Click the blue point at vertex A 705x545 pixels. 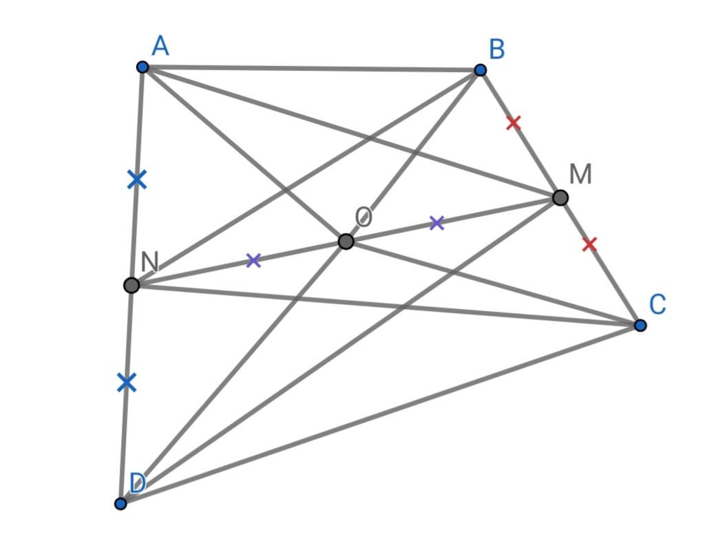(143, 67)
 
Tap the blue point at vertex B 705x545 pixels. (480, 70)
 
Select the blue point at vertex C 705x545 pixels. (640, 325)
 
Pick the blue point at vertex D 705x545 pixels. (120, 504)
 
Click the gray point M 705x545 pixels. (560, 197)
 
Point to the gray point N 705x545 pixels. (131, 285)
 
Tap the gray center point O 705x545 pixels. (346, 242)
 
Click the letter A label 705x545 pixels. (160, 46)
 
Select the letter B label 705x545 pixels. (497, 49)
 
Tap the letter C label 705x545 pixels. (657, 304)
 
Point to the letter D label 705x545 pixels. (138, 484)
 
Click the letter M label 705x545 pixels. (580, 174)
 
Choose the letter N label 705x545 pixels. (149, 261)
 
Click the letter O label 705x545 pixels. (364, 217)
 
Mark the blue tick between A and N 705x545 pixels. (137, 180)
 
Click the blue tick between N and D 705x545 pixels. (127, 383)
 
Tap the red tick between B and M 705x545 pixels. (514, 122)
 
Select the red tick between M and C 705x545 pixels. (589, 244)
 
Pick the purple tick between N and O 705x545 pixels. (253, 260)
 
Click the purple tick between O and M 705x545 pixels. (437, 222)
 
